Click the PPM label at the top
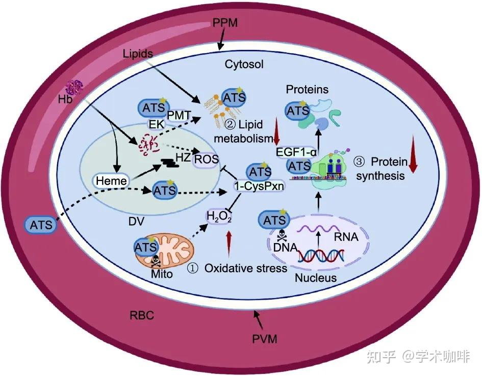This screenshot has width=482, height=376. pos(225,23)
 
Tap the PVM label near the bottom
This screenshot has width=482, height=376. pos(265,339)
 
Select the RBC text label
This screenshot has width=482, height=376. pos(142,315)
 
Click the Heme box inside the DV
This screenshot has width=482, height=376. pos(111,181)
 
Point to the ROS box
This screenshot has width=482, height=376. pos(206,159)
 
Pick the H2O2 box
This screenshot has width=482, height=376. pos(219,217)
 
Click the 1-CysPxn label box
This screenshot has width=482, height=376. pos(259,185)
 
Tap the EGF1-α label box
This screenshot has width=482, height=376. pos(296,152)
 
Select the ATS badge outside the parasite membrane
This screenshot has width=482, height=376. pos(41,225)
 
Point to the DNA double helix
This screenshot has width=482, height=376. pos(320,255)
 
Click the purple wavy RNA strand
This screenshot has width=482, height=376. pos(320,228)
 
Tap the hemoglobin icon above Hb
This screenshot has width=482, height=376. pos(74,88)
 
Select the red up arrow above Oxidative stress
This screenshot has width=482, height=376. pos(229,243)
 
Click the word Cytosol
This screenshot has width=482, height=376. pos(244,64)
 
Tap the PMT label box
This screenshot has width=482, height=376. pos(179,116)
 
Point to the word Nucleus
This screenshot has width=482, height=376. pos(316,278)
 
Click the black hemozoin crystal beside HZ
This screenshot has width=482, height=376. pos(170,163)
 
